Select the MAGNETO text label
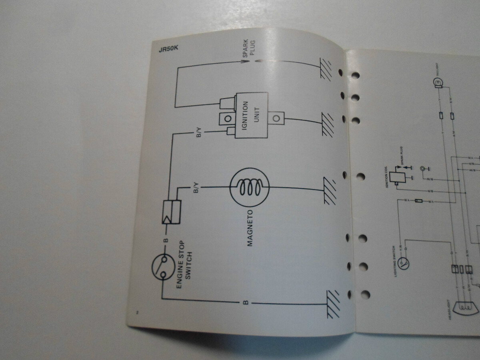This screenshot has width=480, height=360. (x=250, y=228)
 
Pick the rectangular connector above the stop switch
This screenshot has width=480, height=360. (x=170, y=212)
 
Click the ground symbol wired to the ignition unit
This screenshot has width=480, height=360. (x=327, y=125)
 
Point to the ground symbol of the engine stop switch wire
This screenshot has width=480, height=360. (x=333, y=304)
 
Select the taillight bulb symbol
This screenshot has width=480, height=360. (x=438, y=83)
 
